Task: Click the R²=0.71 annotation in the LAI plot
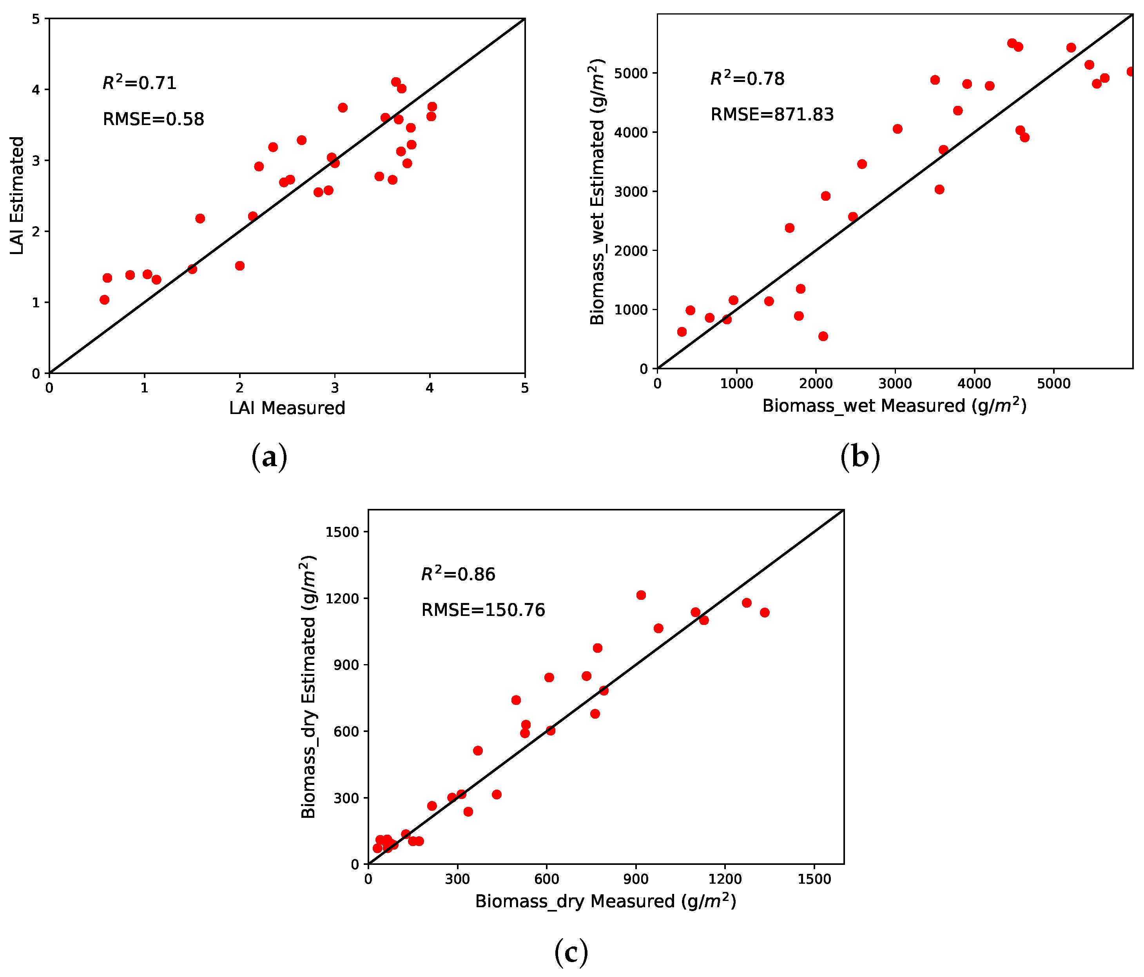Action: click(139, 83)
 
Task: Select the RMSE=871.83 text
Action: click(771, 114)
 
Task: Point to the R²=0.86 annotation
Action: click(458, 574)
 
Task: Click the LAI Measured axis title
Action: click(287, 408)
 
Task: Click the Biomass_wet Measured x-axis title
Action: click(894, 406)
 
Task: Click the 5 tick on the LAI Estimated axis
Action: click(36, 19)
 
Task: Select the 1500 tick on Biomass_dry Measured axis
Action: click(814, 879)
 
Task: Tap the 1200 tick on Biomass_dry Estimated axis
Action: click(343, 598)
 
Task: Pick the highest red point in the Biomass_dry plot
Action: click(640, 595)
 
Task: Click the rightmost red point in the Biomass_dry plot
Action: click(764, 612)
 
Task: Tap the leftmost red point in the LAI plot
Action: click(104, 300)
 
